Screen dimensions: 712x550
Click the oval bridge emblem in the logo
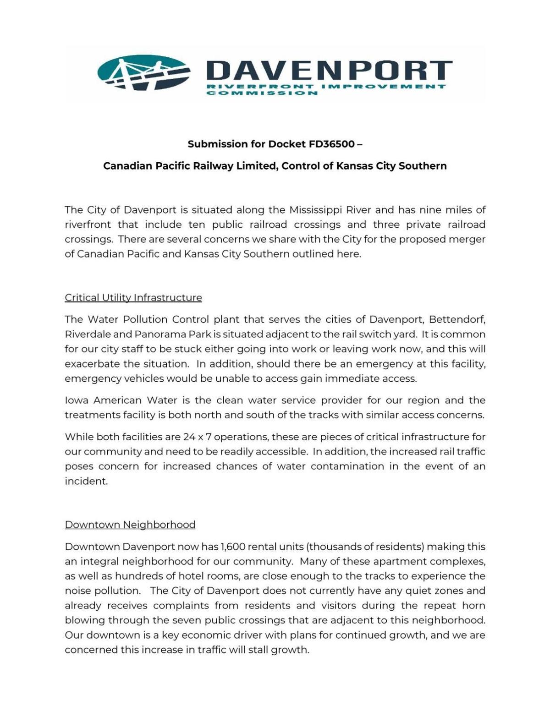(x=143, y=72)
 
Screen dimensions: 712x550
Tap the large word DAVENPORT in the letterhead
(x=329, y=71)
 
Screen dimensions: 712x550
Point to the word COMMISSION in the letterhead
(x=262, y=93)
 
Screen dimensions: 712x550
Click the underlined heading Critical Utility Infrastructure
(x=133, y=298)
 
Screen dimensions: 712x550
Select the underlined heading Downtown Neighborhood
(x=130, y=525)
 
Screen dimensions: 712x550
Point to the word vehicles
(x=144, y=378)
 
